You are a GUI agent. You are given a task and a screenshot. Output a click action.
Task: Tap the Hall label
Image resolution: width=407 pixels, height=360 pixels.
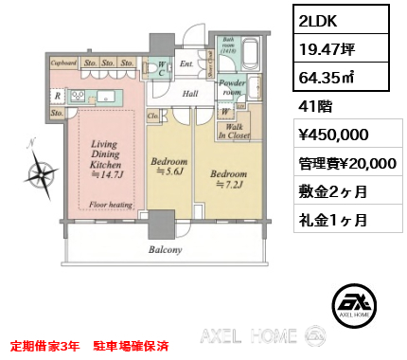(x=190, y=93)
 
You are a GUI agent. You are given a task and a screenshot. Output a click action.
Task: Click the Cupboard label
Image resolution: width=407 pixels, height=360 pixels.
(x=63, y=63)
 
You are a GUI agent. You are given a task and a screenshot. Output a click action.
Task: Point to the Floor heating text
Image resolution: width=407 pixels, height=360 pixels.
(x=111, y=204)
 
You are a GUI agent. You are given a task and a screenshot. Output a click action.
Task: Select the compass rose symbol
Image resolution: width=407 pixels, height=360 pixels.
(x=41, y=173)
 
